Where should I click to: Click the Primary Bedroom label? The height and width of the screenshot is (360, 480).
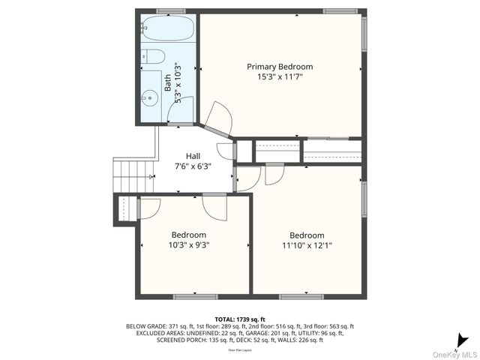280,67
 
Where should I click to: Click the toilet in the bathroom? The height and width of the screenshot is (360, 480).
154,56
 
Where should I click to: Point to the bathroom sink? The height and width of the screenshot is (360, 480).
150,96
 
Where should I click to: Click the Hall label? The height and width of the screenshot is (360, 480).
193,156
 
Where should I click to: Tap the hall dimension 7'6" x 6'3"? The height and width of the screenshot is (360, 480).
193,166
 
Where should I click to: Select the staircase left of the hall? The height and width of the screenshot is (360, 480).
133,175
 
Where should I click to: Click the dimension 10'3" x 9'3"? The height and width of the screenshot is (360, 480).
188,244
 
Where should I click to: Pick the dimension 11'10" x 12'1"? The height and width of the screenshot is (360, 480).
307,244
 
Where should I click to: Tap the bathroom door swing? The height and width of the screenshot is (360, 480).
181,110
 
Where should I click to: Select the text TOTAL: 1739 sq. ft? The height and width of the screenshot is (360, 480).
240,319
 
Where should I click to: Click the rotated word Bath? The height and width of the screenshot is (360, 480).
167,82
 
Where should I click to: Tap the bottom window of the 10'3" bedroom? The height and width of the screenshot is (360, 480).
195,297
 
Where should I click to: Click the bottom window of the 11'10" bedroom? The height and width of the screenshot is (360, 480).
301,297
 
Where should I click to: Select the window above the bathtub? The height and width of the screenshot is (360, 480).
171,11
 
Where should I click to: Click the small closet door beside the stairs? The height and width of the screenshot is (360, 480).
148,208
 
